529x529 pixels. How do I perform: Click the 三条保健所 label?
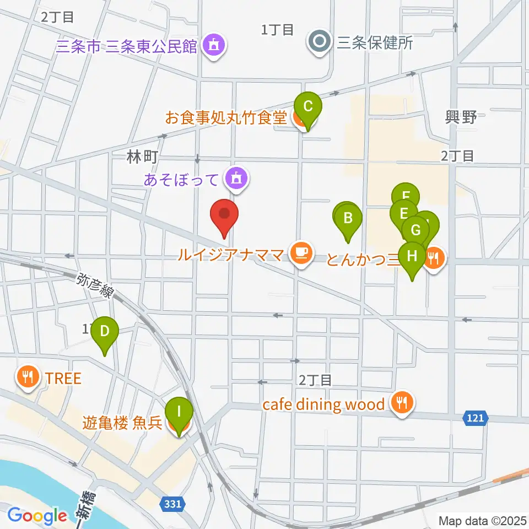(x=375, y=43)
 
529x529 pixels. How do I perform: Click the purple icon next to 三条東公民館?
(x=213, y=46)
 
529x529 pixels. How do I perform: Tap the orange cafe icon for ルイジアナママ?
(x=300, y=253)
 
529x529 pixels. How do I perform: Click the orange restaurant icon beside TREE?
(x=27, y=378)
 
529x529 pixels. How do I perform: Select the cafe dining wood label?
(x=323, y=405)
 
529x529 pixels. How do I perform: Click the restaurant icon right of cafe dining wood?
(x=403, y=404)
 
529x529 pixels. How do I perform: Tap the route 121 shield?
(x=474, y=418)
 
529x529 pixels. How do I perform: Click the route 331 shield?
(x=173, y=503)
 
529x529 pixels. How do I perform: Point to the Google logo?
(x=37, y=516)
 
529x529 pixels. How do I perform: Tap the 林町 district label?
(x=142, y=158)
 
